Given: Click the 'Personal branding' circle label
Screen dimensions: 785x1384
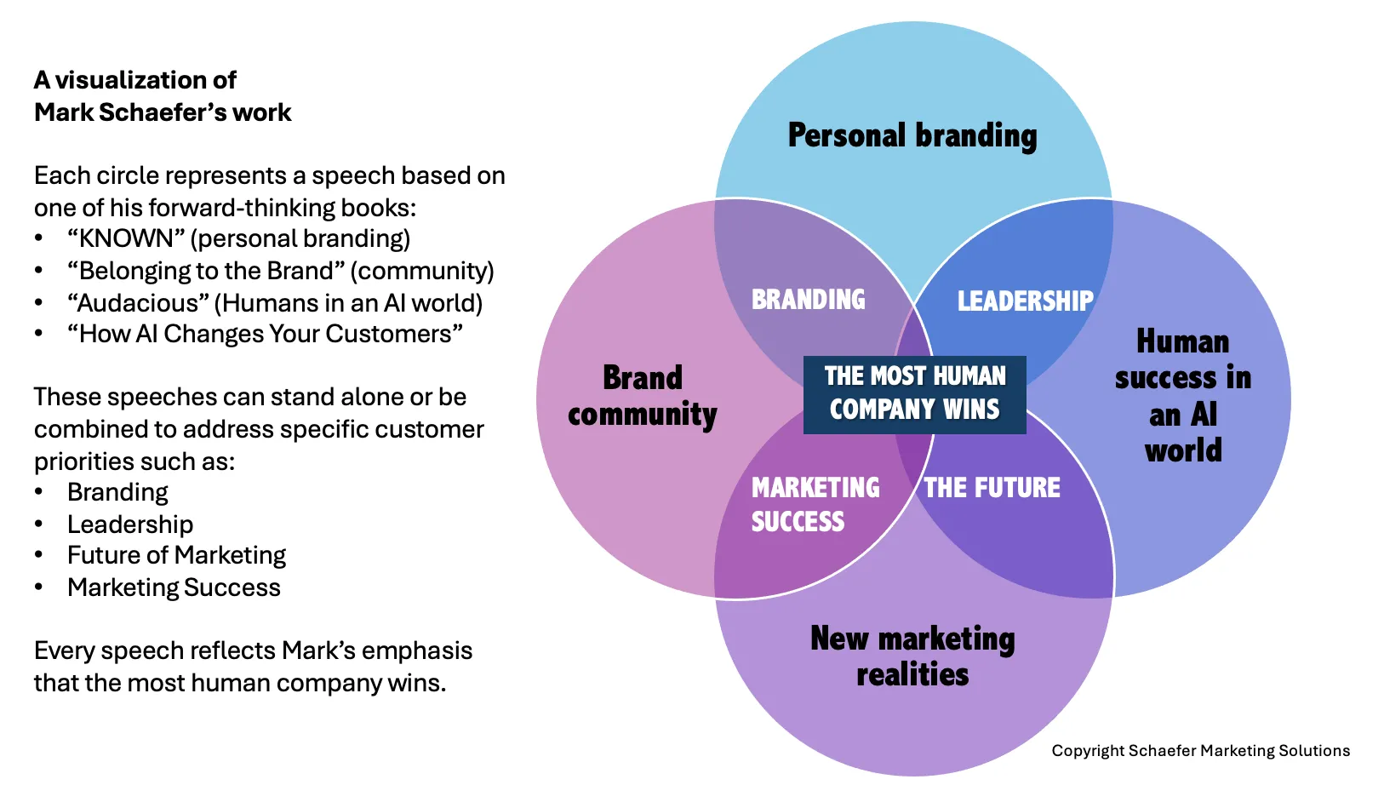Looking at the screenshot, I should click(x=912, y=135).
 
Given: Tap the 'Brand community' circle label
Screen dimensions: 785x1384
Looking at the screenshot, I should click(x=643, y=396).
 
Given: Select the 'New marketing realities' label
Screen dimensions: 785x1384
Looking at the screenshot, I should click(x=912, y=656).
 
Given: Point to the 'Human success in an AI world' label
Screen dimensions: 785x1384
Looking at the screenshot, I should click(x=1183, y=396).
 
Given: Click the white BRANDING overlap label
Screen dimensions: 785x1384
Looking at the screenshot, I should click(x=808, y=300).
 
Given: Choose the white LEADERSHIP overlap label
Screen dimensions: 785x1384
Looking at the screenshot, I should click(x=1025, y=301).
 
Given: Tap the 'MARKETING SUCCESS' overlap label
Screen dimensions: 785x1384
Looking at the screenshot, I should click(x=815, y=504).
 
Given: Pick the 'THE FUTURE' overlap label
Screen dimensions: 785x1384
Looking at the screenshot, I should click(x=992, y=488).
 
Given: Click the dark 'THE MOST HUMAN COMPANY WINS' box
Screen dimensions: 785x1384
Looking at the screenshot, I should click(x=915, y=393).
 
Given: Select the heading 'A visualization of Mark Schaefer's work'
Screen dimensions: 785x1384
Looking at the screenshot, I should click(x=163, y=96).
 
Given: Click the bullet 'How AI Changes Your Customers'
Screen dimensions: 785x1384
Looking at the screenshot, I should click(x=265, y=334).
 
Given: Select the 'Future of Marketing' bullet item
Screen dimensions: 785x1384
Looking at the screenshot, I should click(x=176, y=555).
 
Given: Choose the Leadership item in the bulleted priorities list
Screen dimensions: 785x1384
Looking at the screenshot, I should click(x=130, y=524).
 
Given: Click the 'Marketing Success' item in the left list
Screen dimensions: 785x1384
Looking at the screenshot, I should click(x=174, y=587).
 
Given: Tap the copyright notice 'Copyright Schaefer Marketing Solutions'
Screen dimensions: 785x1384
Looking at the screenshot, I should click(x=1200, y=751).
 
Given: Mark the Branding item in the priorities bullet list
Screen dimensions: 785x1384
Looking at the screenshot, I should click(x=117, y=492).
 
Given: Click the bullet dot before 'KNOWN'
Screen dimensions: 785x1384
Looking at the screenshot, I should click(x=38, y=239).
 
